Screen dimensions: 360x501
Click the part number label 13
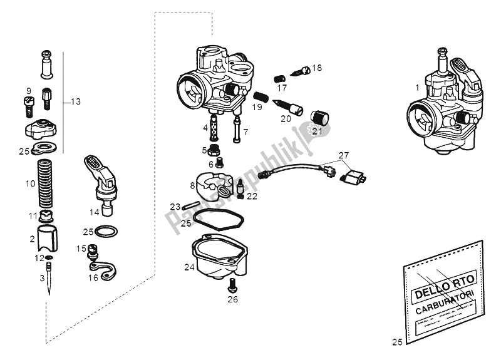(76, 101)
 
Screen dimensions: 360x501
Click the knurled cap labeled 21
(319, 118)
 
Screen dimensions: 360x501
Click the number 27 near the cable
(343, 155)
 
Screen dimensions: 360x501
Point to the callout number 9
(28, 91)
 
